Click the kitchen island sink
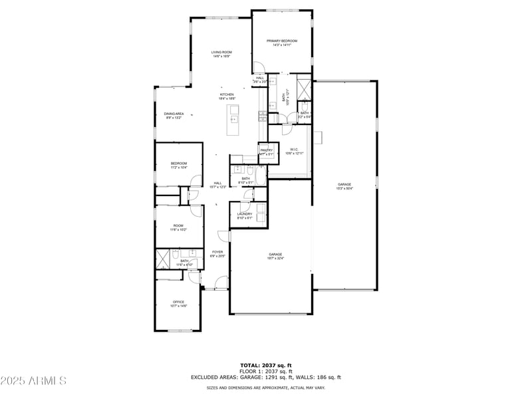(x=234, y=120)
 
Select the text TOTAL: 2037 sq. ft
(x=266, y=365)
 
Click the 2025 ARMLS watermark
(x=33, y=380)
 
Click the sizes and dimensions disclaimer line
(x=266, y=387)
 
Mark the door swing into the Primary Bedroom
(x=259, y=68)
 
